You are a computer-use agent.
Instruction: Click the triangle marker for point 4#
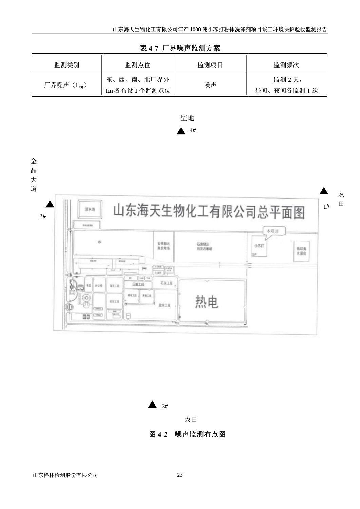coord(181,131)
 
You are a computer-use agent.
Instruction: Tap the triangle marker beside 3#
coord(50,204)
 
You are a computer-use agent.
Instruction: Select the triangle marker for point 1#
coord(324,191)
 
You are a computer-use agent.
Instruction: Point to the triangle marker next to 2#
coord(152,404)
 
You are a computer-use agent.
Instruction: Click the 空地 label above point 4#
coord(187,118)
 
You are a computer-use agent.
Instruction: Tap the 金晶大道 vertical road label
coord(34,175)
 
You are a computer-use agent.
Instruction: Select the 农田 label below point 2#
coord(191,420)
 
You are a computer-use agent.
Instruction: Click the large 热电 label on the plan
coord(207,302)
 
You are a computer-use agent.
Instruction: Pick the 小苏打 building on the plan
coord(259,246)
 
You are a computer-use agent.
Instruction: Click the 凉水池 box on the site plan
coord(90,210)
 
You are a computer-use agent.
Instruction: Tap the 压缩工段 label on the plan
coord(138,284)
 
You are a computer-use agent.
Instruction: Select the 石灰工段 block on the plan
coord(165,283)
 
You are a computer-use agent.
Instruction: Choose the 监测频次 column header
coord(286,65)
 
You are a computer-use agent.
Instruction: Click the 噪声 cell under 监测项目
coord(210,85)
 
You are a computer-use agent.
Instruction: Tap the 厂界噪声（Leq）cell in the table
coord(66,85)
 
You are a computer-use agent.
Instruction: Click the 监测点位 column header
coord(137,65)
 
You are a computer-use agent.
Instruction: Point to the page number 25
coord(180,475)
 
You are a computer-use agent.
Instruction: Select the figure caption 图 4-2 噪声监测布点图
coord(187,434)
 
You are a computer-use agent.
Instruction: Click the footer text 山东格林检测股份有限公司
coord(65,475)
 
